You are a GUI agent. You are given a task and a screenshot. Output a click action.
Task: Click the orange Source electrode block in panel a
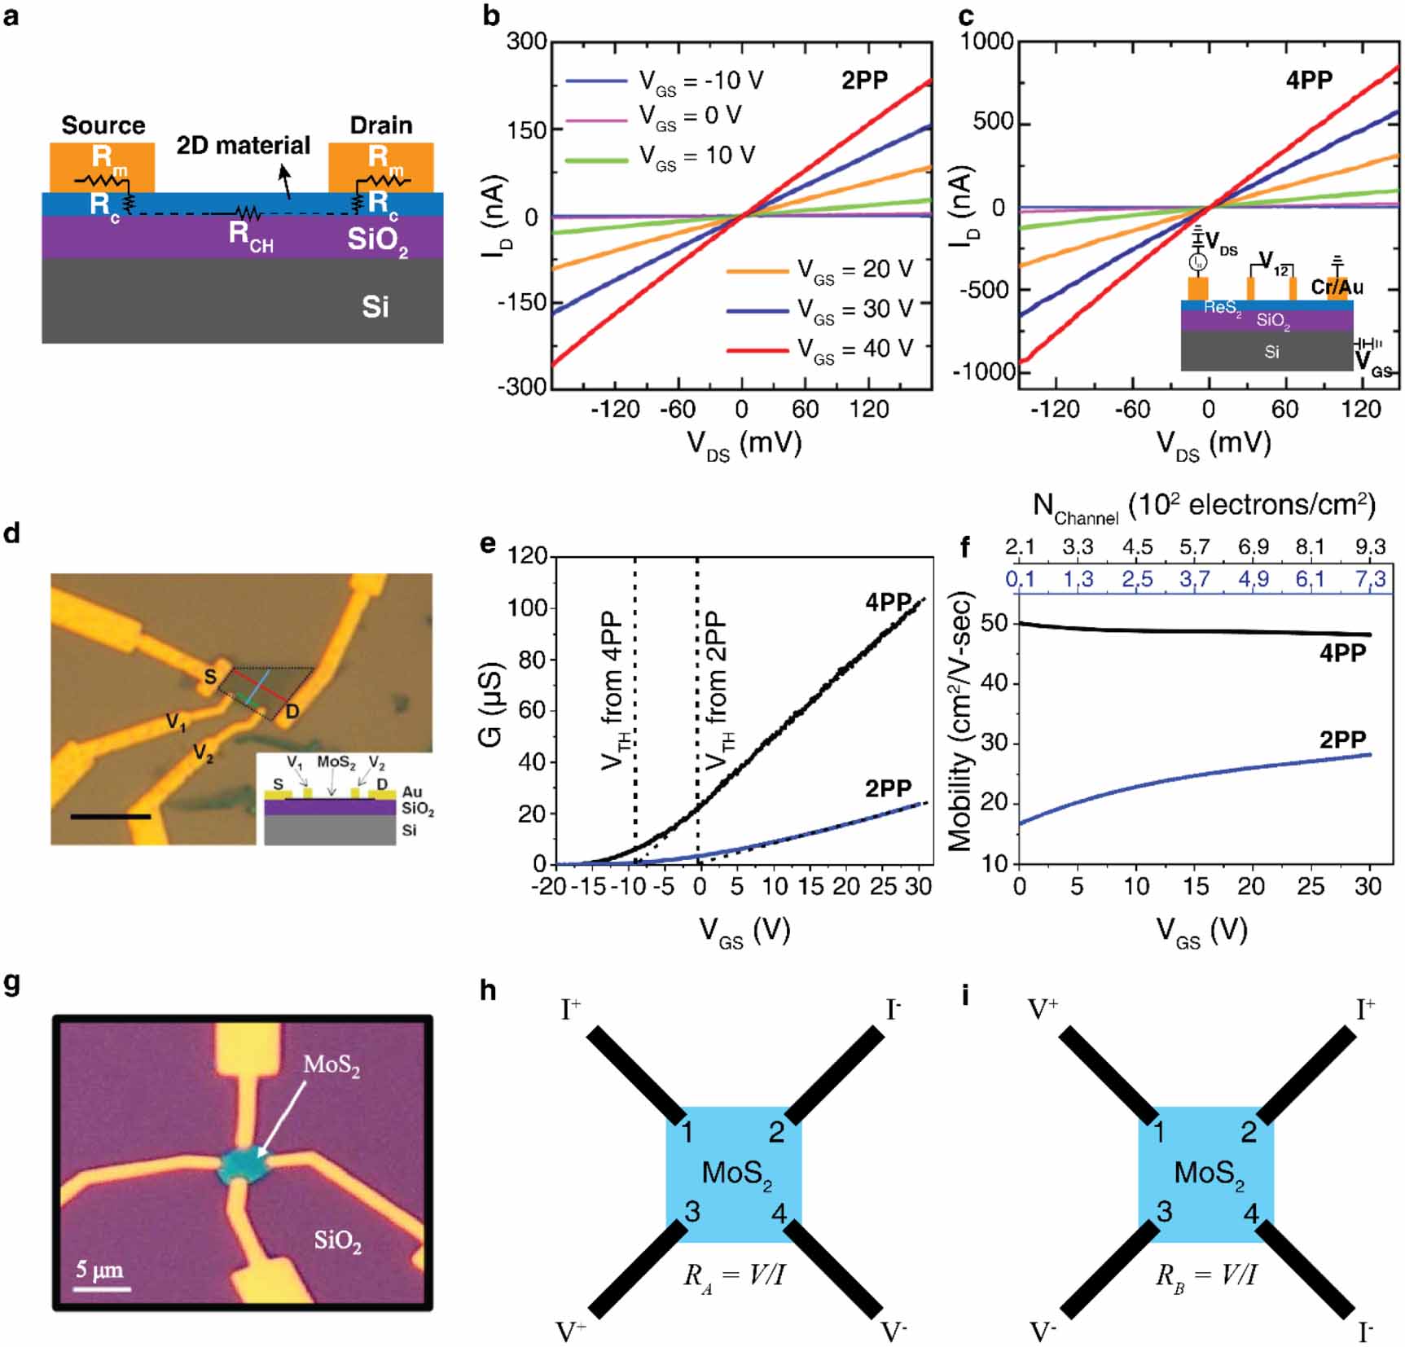point(102,167)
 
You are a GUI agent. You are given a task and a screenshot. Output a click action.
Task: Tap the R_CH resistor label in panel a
point(250,236)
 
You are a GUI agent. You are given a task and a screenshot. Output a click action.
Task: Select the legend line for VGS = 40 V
point(757,350)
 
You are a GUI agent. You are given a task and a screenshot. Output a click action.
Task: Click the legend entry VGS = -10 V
point(700,81)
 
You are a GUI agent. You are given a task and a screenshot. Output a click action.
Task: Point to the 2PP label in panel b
point(864,81)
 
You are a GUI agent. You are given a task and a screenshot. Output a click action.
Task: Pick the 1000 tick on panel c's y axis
point(986,42)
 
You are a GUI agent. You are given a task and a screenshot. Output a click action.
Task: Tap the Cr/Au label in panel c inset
point(1337,287)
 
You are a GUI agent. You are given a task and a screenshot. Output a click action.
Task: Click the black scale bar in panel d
point(111,815)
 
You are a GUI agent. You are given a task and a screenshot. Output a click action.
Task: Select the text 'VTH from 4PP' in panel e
point(612,692)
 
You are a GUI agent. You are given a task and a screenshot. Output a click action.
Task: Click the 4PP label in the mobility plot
point(1342,652)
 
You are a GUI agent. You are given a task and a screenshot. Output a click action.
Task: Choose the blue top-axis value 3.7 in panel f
point(1194,579)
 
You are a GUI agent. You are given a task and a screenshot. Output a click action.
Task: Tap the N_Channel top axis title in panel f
point(1204,507)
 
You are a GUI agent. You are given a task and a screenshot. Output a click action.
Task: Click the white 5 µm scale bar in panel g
point(103,1289)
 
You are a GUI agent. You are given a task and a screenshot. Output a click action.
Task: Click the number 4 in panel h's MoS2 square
point(779,1213)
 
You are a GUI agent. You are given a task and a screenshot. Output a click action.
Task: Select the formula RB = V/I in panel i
point(1205,1275)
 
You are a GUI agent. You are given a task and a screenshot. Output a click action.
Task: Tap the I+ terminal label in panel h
point(571,1009)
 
